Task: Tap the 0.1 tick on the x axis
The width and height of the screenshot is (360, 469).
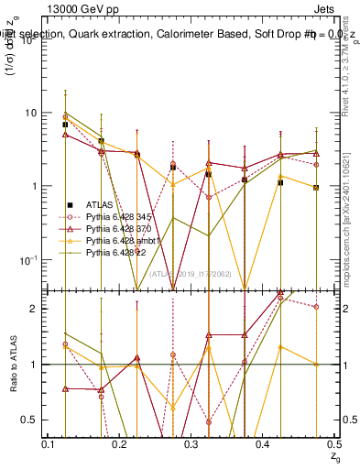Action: [49, 443]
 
